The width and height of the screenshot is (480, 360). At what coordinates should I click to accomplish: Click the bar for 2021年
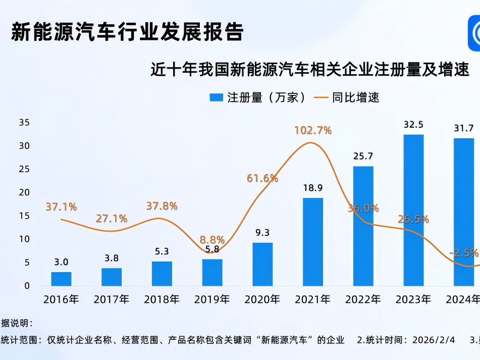313,242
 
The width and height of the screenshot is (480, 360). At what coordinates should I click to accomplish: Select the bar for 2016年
61,279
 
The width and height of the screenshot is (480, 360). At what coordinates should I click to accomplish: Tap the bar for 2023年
413,210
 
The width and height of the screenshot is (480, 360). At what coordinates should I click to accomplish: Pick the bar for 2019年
212,273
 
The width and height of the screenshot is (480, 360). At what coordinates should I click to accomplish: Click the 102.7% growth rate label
313,130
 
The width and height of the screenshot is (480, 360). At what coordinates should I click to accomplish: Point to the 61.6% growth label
262,178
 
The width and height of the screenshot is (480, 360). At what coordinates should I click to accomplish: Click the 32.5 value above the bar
413,124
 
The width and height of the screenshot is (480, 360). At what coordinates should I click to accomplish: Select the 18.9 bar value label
313,188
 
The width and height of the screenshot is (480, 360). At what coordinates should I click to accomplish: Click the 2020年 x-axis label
262,299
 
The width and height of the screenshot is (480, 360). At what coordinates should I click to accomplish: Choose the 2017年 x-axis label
112,299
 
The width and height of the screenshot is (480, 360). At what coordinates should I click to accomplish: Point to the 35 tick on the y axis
24,122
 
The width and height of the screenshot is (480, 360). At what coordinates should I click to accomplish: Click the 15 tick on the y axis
24,216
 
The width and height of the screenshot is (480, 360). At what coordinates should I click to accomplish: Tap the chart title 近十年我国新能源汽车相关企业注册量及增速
310,69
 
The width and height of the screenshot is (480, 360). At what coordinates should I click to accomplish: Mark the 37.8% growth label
162,206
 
